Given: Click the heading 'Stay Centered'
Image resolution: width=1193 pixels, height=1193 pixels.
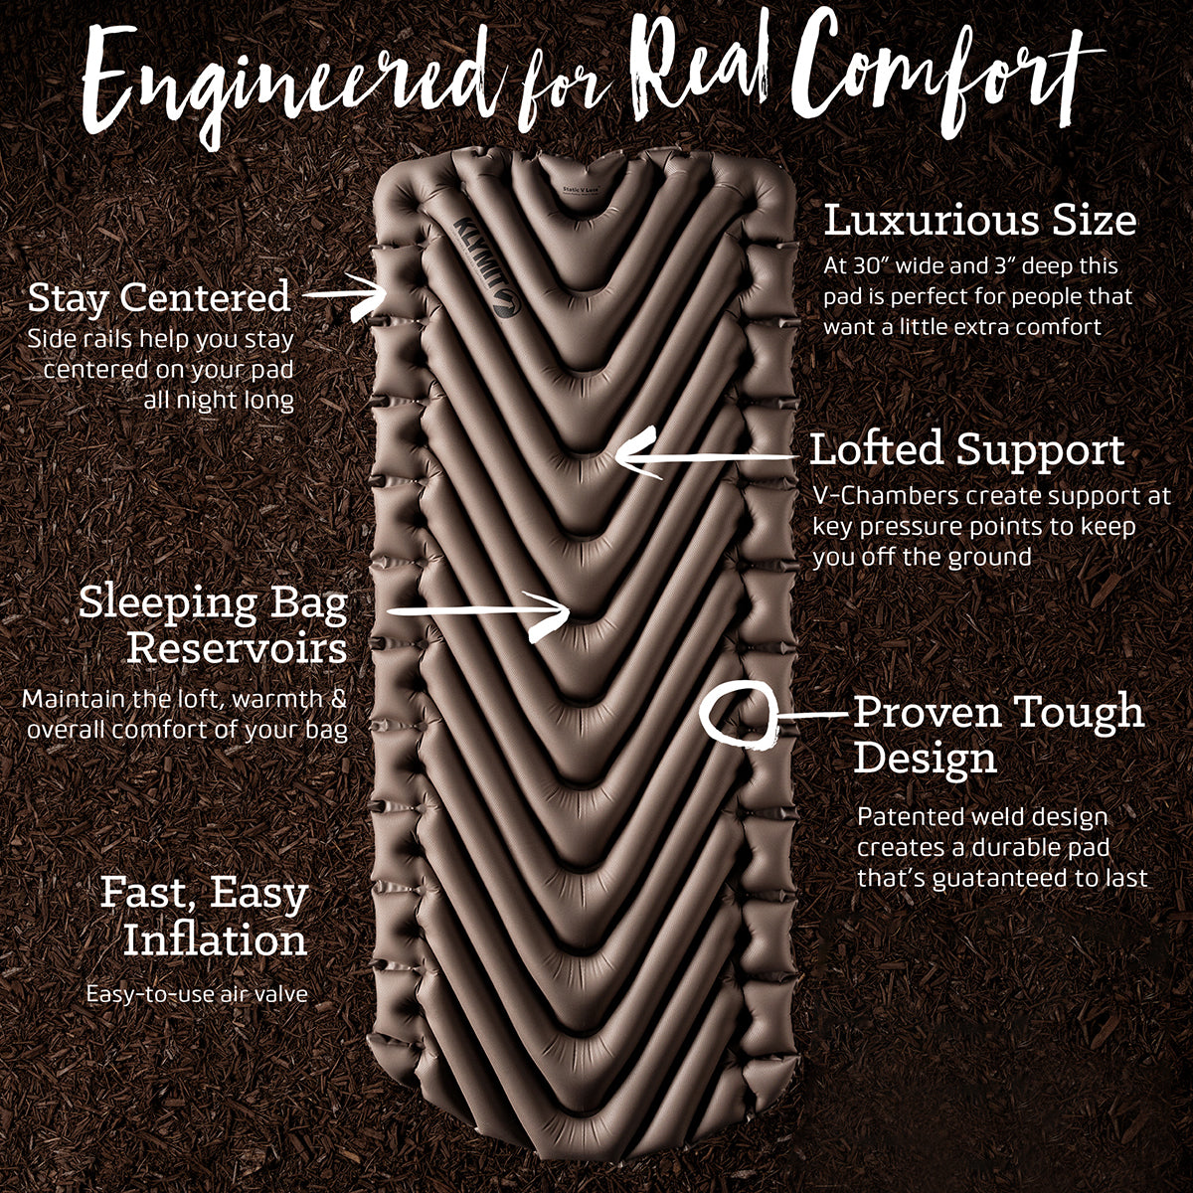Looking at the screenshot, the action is point(159,297).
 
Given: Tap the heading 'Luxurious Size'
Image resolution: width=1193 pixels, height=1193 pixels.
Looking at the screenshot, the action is point(980,220).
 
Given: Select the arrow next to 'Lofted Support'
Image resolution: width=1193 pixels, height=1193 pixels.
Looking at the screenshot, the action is point(706,457).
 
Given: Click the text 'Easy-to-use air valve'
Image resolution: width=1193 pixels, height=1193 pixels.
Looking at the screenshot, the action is point(197,994).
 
